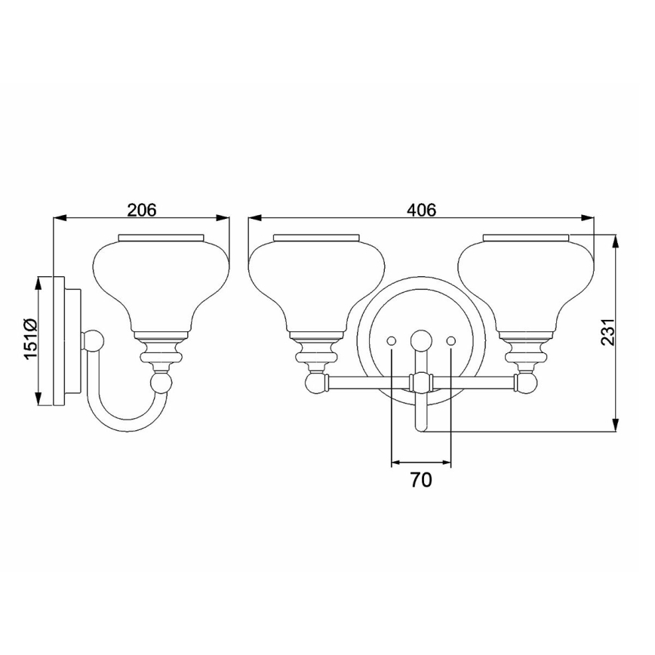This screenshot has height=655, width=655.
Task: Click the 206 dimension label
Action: point(141,210)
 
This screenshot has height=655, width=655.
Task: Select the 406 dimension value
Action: point(421,210)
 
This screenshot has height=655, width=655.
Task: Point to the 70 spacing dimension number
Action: point(421,480)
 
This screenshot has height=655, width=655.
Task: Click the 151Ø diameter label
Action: point(29,339)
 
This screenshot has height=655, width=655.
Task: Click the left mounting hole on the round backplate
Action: point(392,342)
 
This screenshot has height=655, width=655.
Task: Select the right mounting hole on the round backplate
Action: point(451,342)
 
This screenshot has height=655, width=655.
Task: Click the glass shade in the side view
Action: point(161,283)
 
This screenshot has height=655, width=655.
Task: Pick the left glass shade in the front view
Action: point(316,283)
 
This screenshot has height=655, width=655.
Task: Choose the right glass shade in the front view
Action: point(526,283)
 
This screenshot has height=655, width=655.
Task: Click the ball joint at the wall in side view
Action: point(93,342)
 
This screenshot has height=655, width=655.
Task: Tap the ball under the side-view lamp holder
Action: point(161,383)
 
